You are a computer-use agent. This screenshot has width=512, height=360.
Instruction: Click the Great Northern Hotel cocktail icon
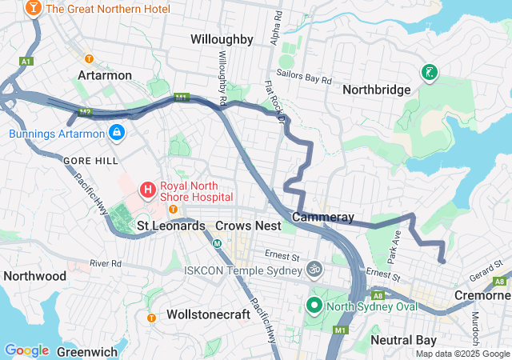click(x=34, y=9)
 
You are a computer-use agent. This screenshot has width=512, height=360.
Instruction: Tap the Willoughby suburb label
click(x=222, y=39)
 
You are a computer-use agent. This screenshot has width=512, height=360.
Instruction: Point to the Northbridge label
click(x=376, y=90)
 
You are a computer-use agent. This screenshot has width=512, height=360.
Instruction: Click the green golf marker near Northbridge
click(x=430, y=73)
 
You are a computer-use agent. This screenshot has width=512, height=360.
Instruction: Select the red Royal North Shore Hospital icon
click(x=148, y=190)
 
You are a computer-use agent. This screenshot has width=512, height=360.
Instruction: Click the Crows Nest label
click(x=248, y=226)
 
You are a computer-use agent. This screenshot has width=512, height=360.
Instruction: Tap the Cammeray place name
click(x=323, y=217)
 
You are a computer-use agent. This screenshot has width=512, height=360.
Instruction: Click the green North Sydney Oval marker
click(x=314, y=305)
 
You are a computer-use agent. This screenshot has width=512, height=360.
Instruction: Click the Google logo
click(x=26, y=350)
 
